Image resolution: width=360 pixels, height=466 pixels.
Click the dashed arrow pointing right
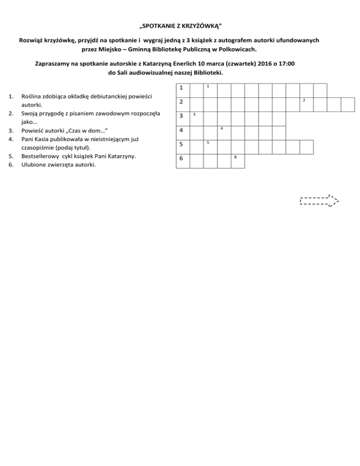[319, 201]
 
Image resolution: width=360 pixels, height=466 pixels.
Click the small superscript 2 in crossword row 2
[304, 101]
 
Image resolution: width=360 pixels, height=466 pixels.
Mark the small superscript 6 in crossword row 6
[236, 157]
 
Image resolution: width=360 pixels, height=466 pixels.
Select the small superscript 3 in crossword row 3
[194, 115]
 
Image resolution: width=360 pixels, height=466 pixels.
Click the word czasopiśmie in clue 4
[40, 147]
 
